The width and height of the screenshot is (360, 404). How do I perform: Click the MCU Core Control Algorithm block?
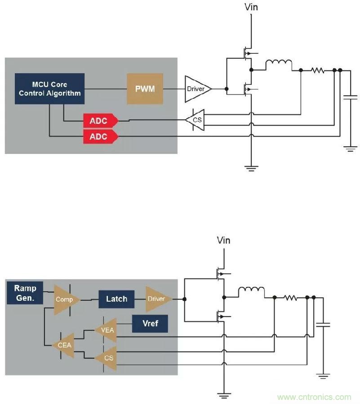49,89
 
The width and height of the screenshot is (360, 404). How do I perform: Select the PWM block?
145,89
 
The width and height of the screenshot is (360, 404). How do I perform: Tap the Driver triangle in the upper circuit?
197,89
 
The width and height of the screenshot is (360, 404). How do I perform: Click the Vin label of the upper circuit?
251,7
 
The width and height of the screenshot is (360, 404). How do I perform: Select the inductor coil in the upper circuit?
278,65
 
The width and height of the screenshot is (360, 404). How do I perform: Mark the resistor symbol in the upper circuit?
317,70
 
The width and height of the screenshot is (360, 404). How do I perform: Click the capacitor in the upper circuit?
350,97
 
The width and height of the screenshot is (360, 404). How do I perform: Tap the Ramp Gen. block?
25,292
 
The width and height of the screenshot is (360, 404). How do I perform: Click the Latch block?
116,299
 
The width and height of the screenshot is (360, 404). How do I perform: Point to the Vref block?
150,323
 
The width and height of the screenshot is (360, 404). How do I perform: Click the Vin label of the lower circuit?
223,240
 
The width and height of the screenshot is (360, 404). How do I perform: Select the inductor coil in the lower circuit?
251,292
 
